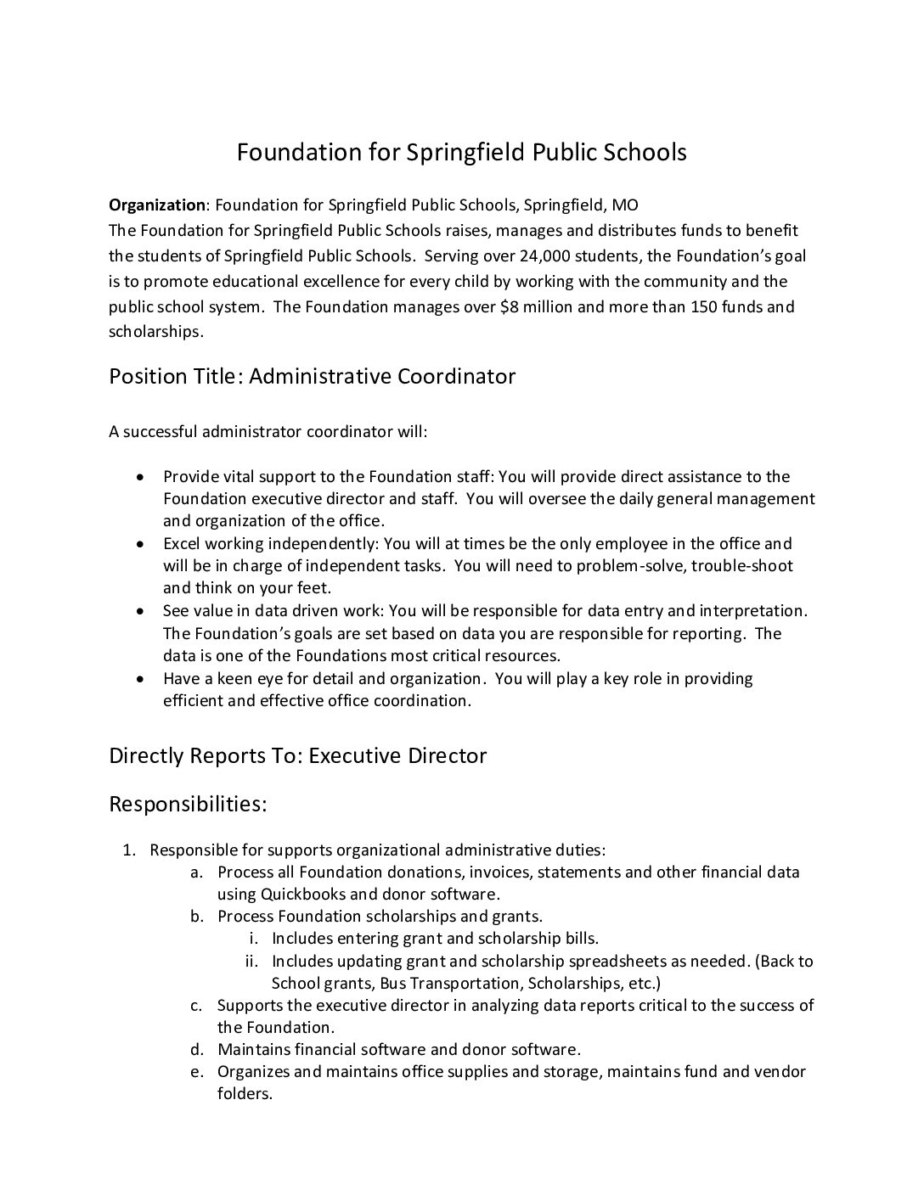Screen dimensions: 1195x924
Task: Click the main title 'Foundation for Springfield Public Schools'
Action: (461, 153)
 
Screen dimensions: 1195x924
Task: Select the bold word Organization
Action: (157, 205)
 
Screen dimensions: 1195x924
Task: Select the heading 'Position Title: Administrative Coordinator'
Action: (312, 376)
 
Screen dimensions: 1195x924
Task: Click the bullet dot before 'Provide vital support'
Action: (141, 477)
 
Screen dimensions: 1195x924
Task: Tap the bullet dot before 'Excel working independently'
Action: (141, 544)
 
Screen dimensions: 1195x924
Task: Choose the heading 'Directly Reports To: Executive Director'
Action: (297, 755)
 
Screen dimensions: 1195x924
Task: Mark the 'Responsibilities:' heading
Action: (188, 804)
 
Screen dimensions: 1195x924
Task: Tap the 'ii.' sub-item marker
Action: (251, 962)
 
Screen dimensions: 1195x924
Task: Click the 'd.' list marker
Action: (196, 1050)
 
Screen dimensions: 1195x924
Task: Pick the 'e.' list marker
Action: (196, 1072)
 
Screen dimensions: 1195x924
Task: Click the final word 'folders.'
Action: (245, 1094)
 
